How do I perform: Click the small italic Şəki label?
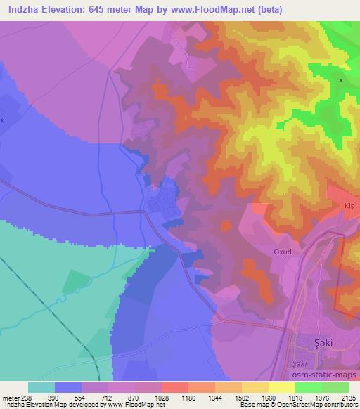pos(298,363)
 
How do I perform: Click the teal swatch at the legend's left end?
pos(41,387)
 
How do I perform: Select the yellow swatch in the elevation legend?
pos(281,387)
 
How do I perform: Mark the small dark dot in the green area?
pos(341,81)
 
